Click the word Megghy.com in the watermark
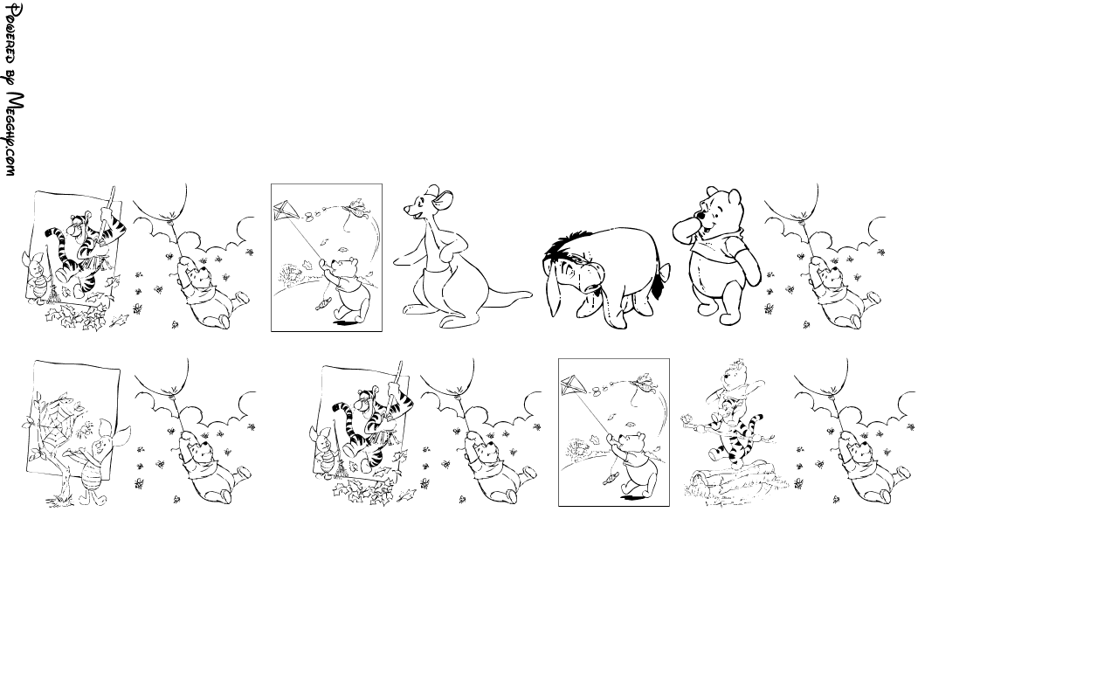[15, 134]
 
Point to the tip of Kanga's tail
[530, 294]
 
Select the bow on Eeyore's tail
[664, 272]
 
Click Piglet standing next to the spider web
[102, 462]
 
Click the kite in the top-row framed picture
[286, 211]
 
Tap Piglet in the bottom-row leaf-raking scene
[324, 449]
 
